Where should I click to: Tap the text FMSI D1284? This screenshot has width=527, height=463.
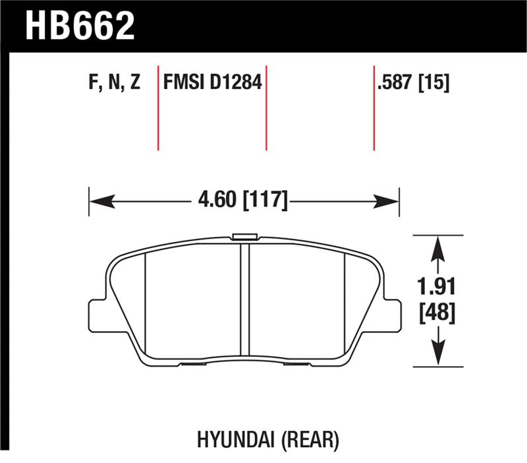pos(212,84)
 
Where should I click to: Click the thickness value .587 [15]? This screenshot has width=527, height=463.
pos(412,84)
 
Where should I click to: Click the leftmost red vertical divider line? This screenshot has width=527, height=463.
pos(158,108)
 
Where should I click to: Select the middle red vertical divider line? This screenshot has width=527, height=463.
pos(266,108)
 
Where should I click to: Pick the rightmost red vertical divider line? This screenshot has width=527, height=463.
pos(374,108)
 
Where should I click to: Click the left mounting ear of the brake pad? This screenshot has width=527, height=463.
pos(97,315)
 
